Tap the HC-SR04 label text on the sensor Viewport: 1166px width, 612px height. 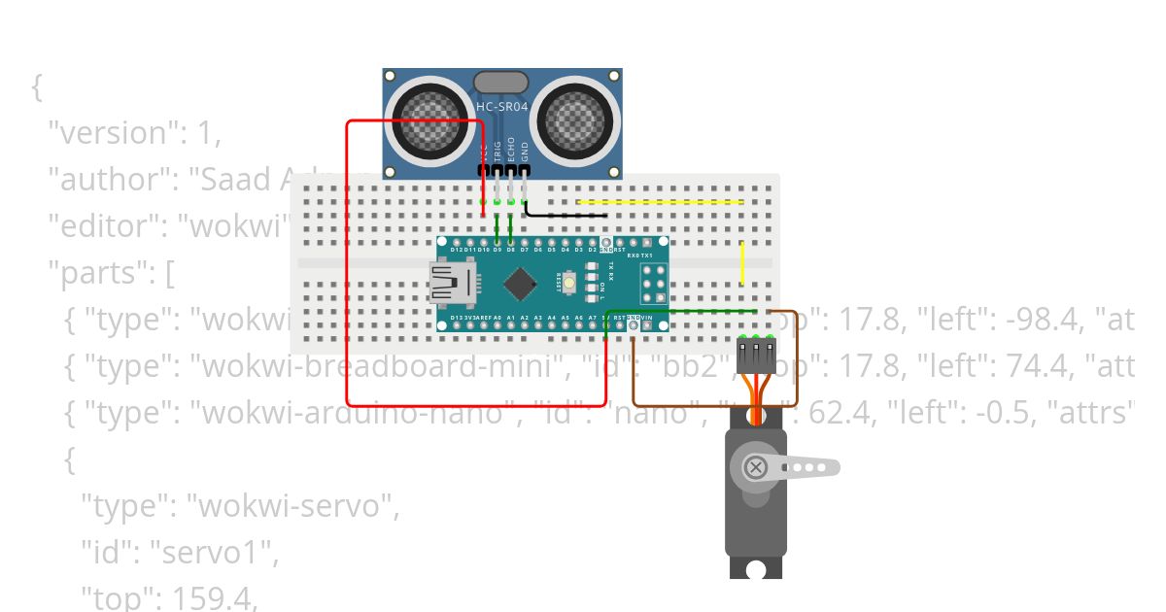(501, 106)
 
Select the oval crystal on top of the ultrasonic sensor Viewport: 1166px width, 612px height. (500, 83)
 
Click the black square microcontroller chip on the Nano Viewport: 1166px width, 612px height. (522, 284)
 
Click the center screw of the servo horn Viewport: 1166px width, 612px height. (755, 468)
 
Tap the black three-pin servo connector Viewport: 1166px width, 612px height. (755, 357)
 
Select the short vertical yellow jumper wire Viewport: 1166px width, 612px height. (742, 262)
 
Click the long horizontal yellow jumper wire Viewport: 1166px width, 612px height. (661, 202)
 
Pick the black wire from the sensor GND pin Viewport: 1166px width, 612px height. (564, 214)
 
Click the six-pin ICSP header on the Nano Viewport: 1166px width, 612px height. (652, 283)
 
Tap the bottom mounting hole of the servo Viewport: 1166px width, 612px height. (755, 566)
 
